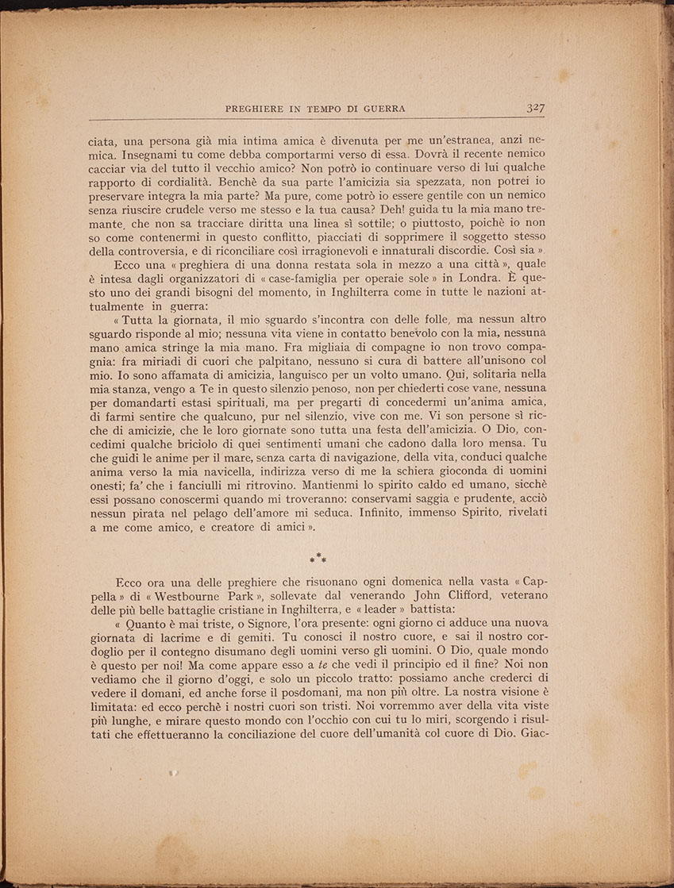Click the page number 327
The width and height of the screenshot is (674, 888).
pyautogui.click(x=539, y=108)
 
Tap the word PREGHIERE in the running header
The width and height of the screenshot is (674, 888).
pyautogui.click(x=256, y=110)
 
